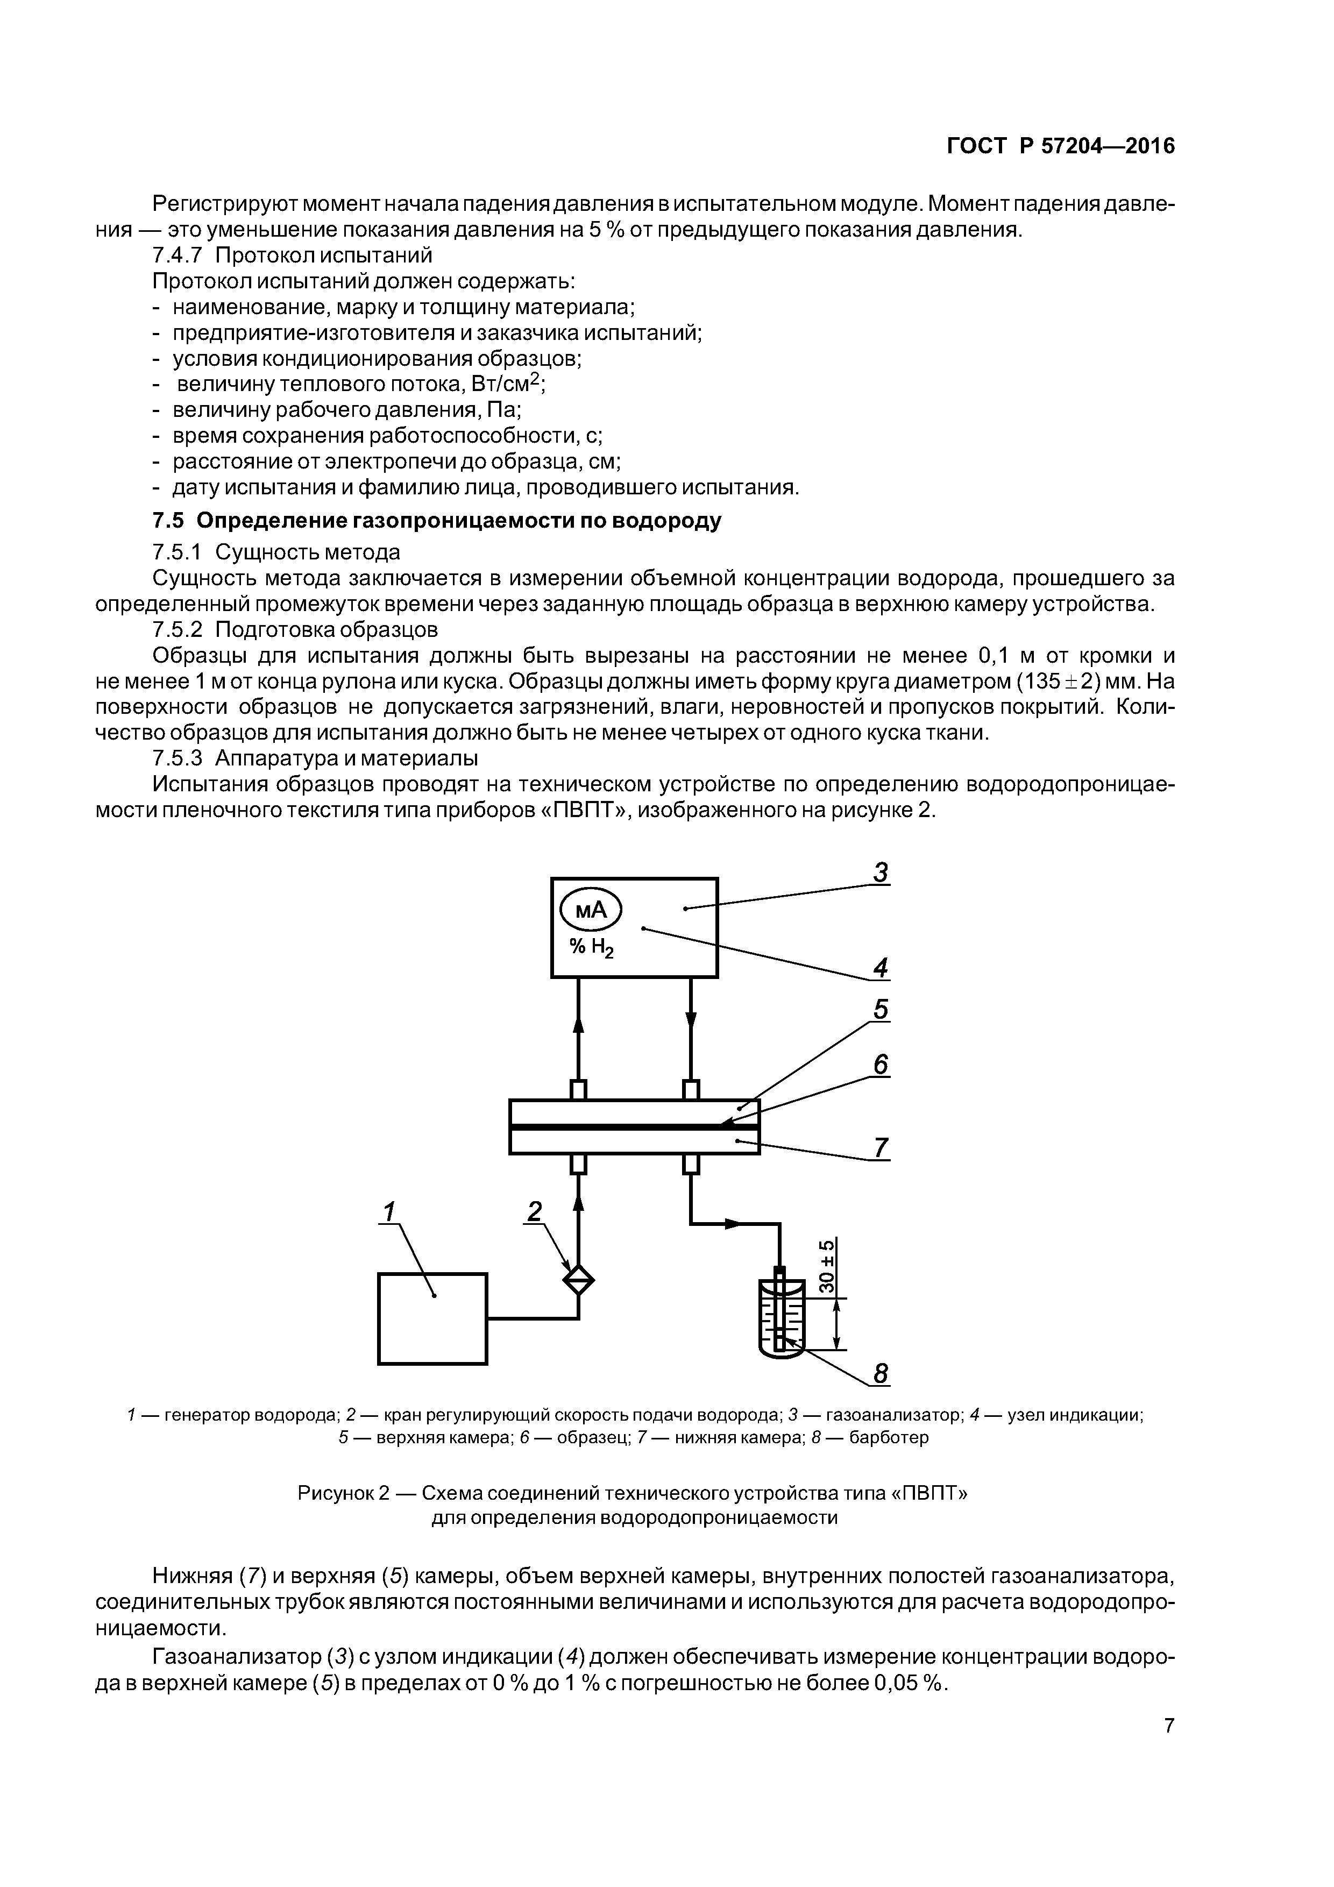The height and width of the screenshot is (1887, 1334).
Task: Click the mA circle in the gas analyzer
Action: tap(590, 910)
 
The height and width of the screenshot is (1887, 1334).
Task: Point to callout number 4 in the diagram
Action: tap(881, 968)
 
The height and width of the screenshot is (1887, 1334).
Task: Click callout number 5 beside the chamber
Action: tap(881, 1009)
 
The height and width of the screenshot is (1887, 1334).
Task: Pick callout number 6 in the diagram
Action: tap(881, 1065)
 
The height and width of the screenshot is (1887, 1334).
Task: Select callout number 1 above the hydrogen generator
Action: tap(389, 1211)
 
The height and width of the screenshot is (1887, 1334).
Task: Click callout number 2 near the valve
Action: tap(535, 1211)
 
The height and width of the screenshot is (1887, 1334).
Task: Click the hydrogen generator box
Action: tap(432, 1318)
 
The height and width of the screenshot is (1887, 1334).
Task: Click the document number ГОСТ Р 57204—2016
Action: tap(1060, 146)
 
